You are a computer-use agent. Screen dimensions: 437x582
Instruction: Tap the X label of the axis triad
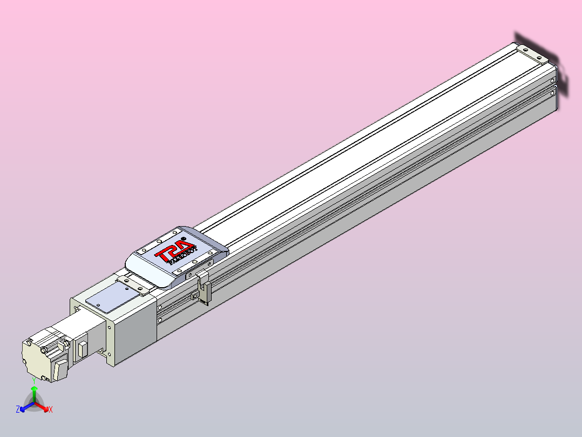[x=51, y=410]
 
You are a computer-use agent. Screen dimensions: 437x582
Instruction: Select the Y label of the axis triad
[x=34, y=380]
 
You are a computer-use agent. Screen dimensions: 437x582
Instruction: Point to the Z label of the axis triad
[x=18, y=410]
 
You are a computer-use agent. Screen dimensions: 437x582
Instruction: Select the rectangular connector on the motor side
[x=83, y=348]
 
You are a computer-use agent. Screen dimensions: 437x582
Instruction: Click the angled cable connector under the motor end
[x=59, y=371]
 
